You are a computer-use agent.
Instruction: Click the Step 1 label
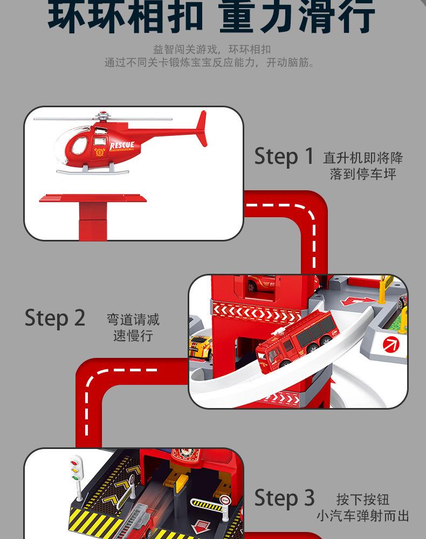(x=284, y=156)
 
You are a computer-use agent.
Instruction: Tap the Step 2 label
(x=55, y=318)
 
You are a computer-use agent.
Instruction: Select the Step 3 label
(x=284, y=497)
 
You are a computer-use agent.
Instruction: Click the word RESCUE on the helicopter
(x=122, y=146)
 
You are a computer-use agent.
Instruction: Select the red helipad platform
(x=93, y=199)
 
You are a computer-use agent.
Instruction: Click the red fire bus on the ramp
(x=297, y=339)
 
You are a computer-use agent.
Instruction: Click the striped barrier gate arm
(x=207, y=505)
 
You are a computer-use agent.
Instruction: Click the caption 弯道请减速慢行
(x=133, y=328)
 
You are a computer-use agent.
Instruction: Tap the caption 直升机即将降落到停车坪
(x=363, y=166)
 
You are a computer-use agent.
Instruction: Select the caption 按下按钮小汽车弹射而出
(x=362, y=507)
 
